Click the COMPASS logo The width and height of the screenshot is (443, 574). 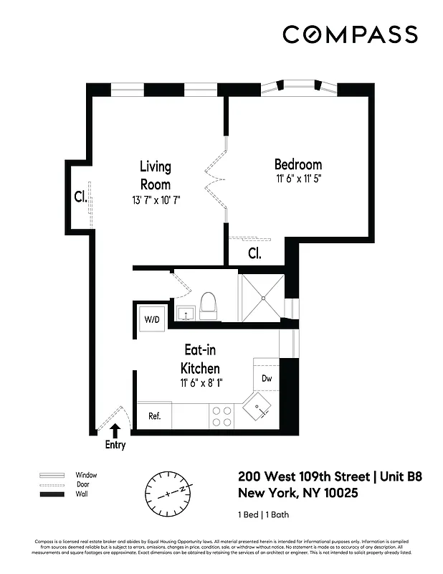tap(350, 34)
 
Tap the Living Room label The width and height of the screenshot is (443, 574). tap(156, 175)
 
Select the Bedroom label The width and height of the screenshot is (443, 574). tap(298, 164)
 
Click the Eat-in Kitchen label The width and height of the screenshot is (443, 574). tap(201, 359)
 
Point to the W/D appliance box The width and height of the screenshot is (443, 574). tap(152, 318)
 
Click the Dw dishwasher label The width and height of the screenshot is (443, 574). tap(266, 377)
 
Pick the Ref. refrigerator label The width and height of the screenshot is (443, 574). tap(154, 415)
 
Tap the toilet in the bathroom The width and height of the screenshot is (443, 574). tap(209, 306)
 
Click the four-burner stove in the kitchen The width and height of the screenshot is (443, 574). tap(222, 416)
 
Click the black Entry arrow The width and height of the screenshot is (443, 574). tap(115, 430)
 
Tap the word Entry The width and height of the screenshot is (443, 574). tap(115, 445)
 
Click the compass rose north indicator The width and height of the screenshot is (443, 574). tap(169, 494)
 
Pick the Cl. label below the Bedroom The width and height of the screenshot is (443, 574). tap(254, 253)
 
